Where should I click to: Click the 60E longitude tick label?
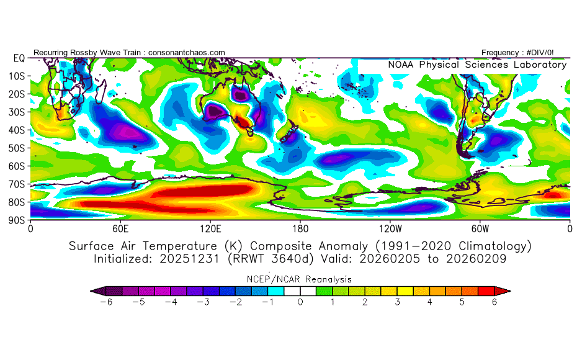(120, 228)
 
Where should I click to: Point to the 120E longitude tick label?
(210, 228)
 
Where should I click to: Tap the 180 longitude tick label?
(300, 228)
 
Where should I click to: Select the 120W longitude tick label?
(390, 228)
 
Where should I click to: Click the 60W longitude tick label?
(480, 228)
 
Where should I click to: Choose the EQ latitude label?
(19, 58)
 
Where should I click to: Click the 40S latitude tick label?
(17, 130)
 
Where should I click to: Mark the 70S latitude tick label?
(17, 184)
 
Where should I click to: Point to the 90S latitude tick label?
(17, 220)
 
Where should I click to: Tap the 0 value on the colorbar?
(300, 302)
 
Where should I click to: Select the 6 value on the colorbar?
(494, 302)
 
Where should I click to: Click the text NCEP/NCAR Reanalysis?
(300, 279)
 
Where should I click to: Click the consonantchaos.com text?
(187, 53)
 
